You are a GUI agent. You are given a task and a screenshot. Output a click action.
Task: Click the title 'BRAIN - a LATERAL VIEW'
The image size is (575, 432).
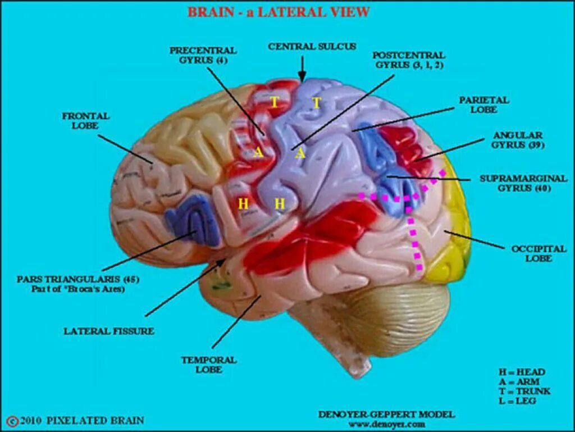(x=278, y=12)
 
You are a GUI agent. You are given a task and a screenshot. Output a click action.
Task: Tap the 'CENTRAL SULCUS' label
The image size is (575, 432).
(x=312, y=47)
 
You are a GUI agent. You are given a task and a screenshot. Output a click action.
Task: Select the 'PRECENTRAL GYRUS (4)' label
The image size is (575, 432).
(x=203, y=55)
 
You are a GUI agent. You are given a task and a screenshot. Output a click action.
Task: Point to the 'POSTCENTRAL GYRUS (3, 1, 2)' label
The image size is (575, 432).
(x=409, y=60)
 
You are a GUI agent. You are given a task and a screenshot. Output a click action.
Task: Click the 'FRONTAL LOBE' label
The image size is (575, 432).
(x=86, y=120)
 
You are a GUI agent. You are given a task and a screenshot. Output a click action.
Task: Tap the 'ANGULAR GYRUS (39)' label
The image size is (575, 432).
(x=517, y=140)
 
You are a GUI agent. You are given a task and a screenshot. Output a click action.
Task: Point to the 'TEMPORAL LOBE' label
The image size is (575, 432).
(x=208, y=364)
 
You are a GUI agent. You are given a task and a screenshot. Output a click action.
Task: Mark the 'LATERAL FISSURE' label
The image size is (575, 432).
(x=108, y=331)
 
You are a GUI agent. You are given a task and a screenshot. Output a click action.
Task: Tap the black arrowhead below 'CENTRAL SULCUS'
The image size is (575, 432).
(x=302, y=78)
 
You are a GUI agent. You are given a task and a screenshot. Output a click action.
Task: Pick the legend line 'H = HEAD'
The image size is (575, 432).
(x=522, y=372)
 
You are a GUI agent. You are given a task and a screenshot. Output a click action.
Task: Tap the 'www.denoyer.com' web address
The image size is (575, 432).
(x=386, y=424)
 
